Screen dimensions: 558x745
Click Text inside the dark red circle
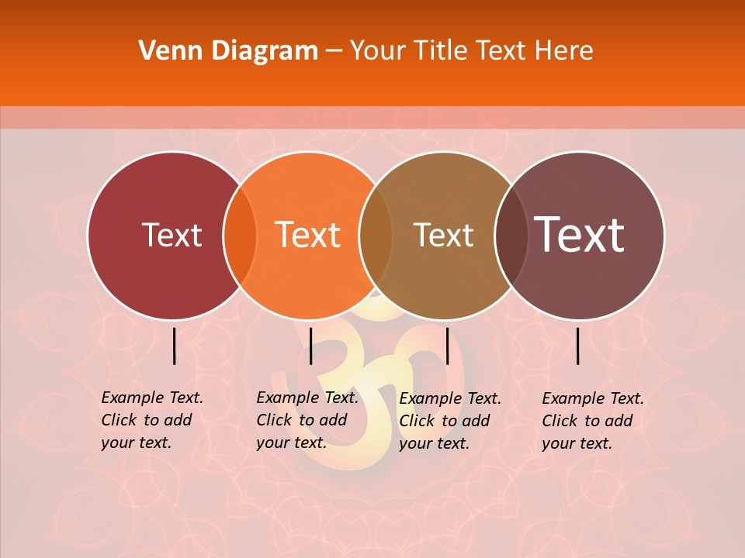pos(172,235)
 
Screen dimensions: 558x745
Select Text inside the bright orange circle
pos(308,235)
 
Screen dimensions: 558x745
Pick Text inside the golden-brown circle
pos(443,235)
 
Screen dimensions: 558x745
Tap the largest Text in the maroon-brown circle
pos(580,235)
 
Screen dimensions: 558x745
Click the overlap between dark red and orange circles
pos(240,236)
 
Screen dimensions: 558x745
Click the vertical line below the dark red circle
pos(174,346)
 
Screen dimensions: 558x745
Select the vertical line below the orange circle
pos(310,346)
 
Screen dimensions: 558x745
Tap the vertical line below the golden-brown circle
pos(448,346)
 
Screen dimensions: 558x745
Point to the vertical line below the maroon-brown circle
pos(578,346)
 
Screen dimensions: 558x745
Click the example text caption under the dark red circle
pos(151,420)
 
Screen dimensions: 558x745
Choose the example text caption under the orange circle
pos(307,420)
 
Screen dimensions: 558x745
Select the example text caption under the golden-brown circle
pos(449,421)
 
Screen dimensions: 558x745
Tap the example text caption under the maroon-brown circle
pos(592,421)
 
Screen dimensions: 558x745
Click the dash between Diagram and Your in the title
pos(334,52)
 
